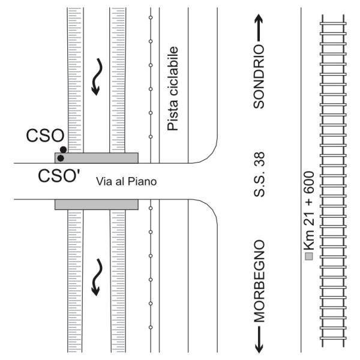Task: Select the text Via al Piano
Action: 127,181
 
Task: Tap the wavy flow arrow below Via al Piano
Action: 97,278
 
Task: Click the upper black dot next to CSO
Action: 63,149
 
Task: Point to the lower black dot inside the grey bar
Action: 60,158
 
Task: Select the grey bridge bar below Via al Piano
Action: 97,205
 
